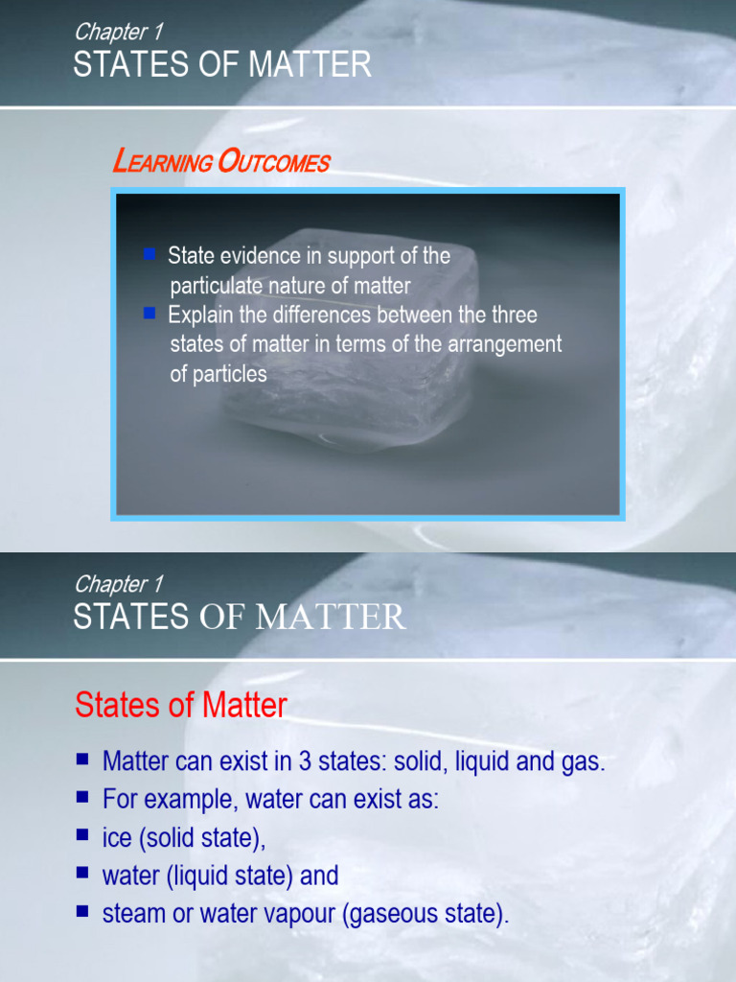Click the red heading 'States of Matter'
coord(180,706)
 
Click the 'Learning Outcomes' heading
coord(220,162)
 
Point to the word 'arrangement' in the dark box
coord(504,344)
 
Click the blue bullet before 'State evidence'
coord(149,255)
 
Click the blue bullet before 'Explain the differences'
coord(149,314)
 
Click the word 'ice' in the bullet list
coord(117,837)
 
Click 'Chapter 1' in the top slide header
coord(118,32)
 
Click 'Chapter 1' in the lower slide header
coord(118,584)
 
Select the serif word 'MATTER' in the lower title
coord(332,618)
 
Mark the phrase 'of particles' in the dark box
coord(218,374)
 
